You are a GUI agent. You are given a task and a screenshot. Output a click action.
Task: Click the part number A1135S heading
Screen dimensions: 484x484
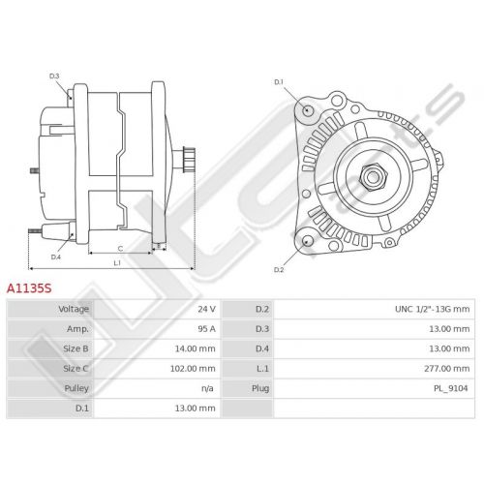[29, 288]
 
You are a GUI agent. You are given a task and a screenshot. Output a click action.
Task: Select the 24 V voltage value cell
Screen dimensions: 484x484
[206, 309]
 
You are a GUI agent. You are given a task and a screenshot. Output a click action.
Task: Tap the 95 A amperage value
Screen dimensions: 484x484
[206, 329]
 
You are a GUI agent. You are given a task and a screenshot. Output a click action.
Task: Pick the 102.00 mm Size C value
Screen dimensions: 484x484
[193, 369]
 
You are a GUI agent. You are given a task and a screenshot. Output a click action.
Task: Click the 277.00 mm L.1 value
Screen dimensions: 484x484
[447, 369]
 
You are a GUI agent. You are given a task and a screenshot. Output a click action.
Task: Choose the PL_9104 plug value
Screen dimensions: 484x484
[450, 388]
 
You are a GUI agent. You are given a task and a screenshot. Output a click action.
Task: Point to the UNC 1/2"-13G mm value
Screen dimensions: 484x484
[433, 309]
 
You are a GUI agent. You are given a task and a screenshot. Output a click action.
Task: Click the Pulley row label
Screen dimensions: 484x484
[76, 388]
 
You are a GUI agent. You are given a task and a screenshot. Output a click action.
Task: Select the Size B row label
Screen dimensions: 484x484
[76, 348]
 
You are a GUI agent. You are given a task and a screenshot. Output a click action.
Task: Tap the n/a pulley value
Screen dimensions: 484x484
[207, 388]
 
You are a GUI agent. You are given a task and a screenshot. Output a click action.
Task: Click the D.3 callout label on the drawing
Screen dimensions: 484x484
[54, 76]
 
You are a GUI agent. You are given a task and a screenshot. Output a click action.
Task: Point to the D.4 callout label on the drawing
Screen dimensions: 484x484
[56, 257]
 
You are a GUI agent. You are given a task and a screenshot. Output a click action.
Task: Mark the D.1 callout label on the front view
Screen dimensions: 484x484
[279, 82]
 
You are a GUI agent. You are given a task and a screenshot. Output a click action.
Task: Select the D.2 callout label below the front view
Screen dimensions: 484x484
[279, 270]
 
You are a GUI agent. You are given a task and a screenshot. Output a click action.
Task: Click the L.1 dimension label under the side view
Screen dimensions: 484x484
[117, 263]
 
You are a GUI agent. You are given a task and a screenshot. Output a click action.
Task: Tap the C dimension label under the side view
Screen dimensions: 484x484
[120, 249]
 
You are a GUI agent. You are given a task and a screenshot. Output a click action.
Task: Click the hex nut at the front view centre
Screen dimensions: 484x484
[373, 176]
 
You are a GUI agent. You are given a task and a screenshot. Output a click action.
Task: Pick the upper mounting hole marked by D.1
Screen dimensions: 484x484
[308, 109]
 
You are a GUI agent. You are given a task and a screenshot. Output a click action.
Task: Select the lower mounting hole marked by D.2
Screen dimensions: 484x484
[308, 241]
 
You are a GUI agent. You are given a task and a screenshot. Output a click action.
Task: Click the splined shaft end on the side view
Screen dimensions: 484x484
[189, 160]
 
